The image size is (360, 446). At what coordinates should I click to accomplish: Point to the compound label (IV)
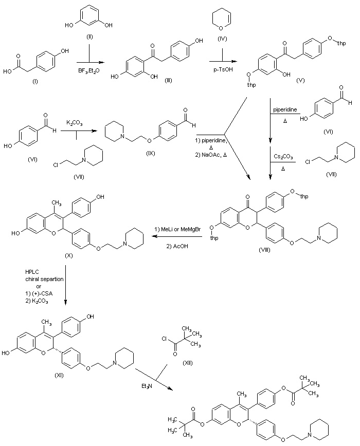[x=221, y=38]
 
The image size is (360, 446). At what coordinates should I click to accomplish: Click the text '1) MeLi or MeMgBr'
[x=177, y=229]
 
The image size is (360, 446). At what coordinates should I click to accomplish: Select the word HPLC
[x=32, y=272]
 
